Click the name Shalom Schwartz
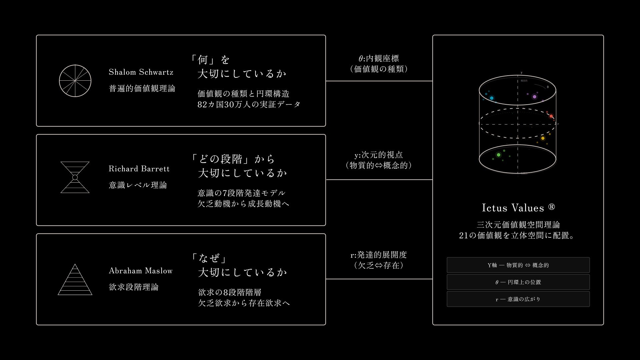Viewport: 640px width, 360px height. click(141, 72)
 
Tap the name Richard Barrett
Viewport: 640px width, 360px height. click(139, 169)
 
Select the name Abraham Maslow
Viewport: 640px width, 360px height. click(141, 271)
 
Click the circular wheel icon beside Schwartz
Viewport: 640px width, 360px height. click(75, 81)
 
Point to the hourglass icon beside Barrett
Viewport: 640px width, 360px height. click(75, 177)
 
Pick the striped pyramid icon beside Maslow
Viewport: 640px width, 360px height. click(75, 280)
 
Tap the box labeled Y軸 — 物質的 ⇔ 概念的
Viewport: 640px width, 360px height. click(518, 265)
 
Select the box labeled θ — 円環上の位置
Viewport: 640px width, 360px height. click(518, 282)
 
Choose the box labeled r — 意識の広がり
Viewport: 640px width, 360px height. click(518, 299)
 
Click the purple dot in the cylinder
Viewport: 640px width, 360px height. click(534, 97)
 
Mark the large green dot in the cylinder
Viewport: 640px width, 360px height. click(499, 155)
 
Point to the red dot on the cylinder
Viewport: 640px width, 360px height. click(551, 116)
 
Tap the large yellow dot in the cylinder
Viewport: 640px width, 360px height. click(543, 138)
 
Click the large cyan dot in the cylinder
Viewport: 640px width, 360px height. click(491, 98)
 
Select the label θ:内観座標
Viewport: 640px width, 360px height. click(379, 59)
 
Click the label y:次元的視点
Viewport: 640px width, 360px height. click(379, 155)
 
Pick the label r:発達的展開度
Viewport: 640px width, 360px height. click(379, 255)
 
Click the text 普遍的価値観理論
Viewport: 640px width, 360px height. click(142, 88)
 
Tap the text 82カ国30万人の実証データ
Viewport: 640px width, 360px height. click(249, 104)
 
